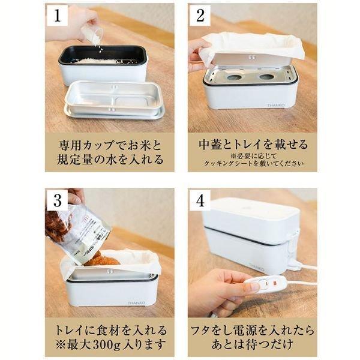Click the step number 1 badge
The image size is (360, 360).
pos(58,16)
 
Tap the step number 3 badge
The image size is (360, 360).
pos(58,200)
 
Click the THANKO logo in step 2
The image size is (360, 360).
pos(277,104)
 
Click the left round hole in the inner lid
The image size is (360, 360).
pos(230,77)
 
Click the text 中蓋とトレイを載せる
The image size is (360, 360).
pos(253,145)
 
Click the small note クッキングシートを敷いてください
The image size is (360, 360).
pos(253,164)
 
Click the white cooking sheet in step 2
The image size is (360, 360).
pos(252,45)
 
